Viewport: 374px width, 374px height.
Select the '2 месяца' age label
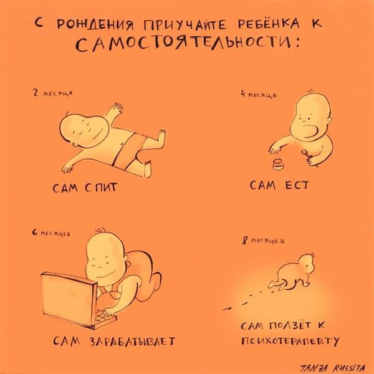point(53,93)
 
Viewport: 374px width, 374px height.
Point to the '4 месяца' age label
point(259,95)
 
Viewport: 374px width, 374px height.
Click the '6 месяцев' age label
point(51,233)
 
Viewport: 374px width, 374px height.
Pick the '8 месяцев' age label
point(263,241)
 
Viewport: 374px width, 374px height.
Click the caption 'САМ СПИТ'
point(85,188)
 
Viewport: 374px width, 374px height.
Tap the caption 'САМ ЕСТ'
point(279,185)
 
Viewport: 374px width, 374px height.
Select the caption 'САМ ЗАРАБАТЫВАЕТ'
point(114,341)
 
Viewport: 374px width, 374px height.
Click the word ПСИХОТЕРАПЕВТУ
point(290,342)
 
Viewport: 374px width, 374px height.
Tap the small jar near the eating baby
point(277,165)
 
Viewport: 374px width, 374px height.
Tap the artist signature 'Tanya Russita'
point(332,368)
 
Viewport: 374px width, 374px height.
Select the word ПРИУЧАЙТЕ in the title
point(185,24)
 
